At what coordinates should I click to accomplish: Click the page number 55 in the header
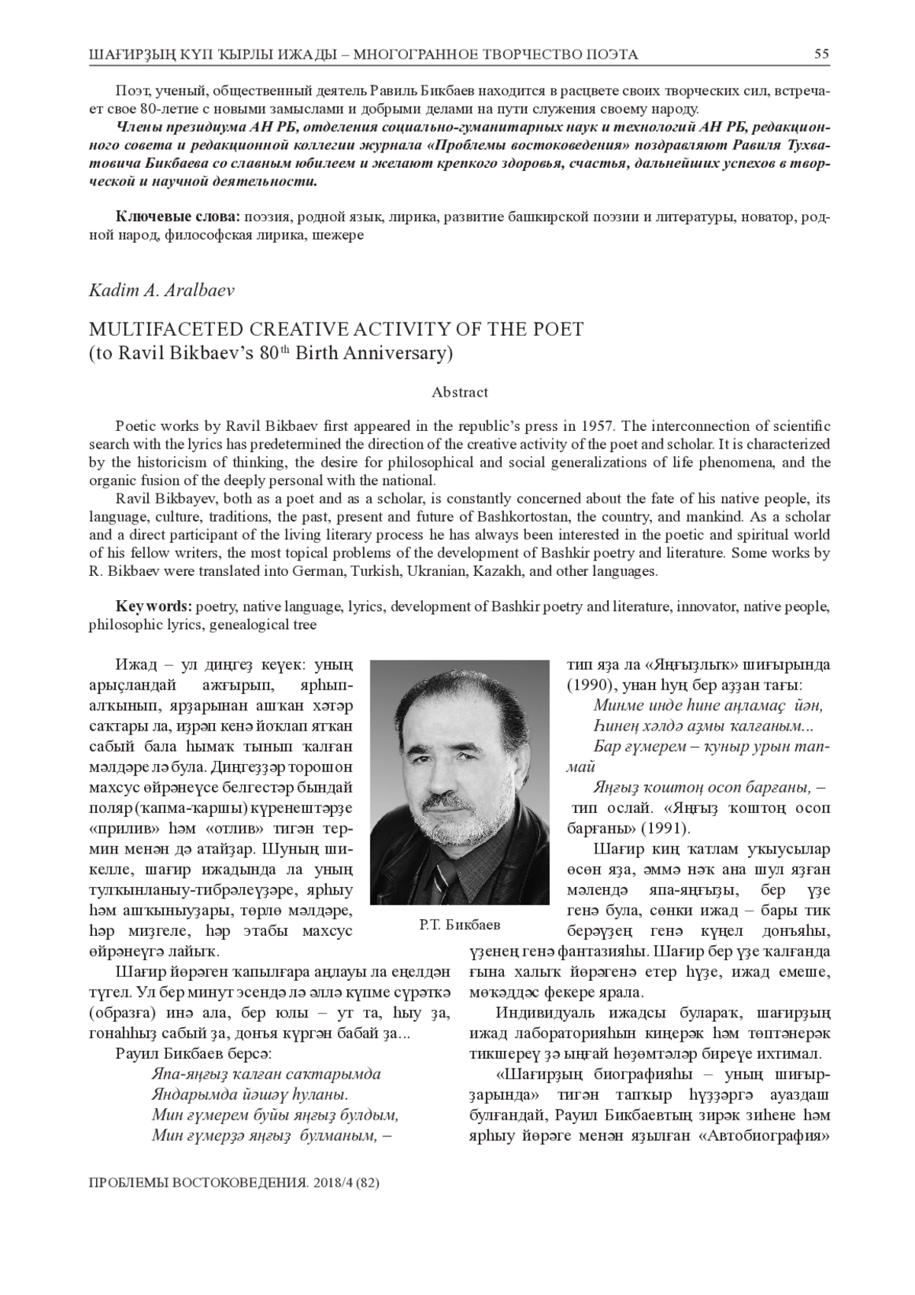click(821, 54)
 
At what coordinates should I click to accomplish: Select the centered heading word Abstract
click(459, 393)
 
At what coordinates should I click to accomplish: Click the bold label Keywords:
click(153, 606)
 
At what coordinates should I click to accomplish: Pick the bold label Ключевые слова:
click(178, 217)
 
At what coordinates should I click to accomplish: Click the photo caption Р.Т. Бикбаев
click(459, 925)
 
